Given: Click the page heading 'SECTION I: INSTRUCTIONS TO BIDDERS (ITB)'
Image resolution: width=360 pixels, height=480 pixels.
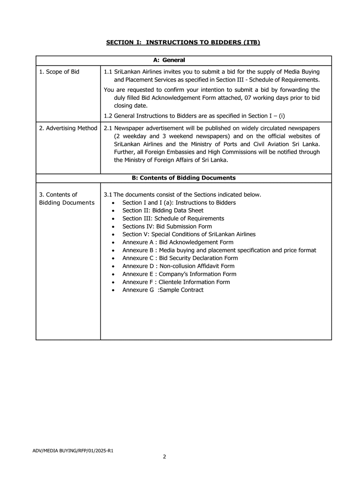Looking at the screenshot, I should [183, 43].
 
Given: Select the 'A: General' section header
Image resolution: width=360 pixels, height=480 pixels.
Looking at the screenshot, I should [169, 60].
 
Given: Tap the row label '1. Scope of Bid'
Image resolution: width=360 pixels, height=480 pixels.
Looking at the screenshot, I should [59, 72].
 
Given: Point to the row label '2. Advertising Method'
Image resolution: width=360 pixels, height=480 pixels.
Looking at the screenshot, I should [68, 128].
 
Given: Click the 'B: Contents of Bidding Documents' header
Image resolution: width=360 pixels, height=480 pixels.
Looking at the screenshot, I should [183, 178].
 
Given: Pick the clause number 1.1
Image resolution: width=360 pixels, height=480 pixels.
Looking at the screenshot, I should [108, 72].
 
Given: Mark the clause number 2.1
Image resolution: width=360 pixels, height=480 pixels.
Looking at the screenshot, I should [108, 128].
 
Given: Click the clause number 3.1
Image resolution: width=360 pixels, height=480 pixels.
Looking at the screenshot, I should [108, 195].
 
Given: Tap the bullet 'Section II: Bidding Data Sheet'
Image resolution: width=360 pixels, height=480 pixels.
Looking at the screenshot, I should [163, 210].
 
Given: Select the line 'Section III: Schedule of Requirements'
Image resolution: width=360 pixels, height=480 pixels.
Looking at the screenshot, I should [173, 218].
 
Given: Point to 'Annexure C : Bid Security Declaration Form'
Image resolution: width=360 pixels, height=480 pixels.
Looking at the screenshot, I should [180, 258].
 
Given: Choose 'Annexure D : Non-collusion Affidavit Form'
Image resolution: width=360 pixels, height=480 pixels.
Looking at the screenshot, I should [178, 266].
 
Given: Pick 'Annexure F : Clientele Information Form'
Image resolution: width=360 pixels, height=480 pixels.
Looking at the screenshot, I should [176, 282].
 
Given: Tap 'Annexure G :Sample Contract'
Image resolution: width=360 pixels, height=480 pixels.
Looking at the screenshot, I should [163, 290].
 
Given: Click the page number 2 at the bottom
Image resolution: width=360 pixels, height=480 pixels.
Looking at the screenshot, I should [165, 457].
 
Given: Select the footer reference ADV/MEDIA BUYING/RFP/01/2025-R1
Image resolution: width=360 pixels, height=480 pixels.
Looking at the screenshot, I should [73, 450].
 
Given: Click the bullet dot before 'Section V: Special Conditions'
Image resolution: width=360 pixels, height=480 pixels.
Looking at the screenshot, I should [114, 234].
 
